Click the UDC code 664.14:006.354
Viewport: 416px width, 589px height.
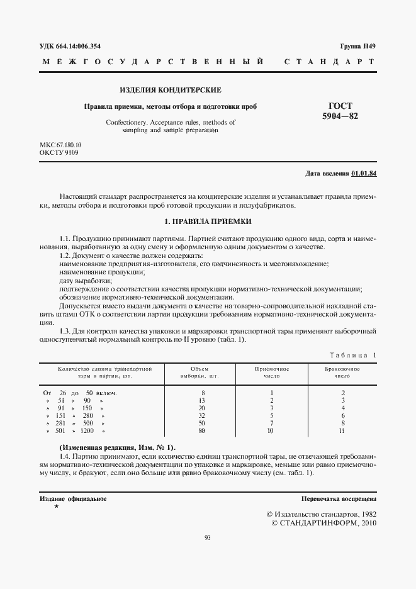70,47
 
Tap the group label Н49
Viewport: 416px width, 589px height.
357,47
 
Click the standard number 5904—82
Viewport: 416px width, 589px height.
340,117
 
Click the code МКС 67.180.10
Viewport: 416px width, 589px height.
60,145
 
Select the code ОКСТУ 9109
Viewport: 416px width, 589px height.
59,153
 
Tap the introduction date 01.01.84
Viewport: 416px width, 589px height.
364,174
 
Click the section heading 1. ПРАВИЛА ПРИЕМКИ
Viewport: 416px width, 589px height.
208,222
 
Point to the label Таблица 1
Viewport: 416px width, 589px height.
352,356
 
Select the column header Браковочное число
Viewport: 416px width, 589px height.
342,373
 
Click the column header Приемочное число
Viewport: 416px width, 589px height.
271,373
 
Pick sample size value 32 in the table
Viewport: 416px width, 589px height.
202,416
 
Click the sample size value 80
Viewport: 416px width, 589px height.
202,431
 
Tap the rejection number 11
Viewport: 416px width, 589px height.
342,431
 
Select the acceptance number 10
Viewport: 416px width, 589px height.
271,431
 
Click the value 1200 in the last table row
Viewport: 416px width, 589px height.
87,431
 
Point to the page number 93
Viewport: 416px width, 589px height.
208,537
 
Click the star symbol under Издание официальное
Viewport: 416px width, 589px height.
57,507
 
